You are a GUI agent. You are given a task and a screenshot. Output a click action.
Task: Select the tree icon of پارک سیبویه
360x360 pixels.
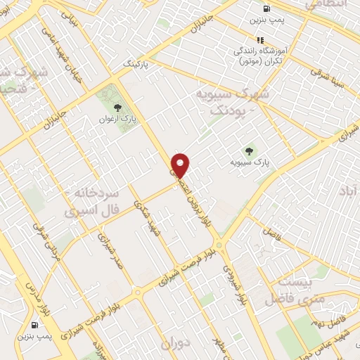[x=247, y=150]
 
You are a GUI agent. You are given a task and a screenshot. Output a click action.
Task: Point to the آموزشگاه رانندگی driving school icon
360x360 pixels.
[x=260, y=40]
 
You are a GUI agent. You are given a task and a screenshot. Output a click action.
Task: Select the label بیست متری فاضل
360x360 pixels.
[x=288, y=291]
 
